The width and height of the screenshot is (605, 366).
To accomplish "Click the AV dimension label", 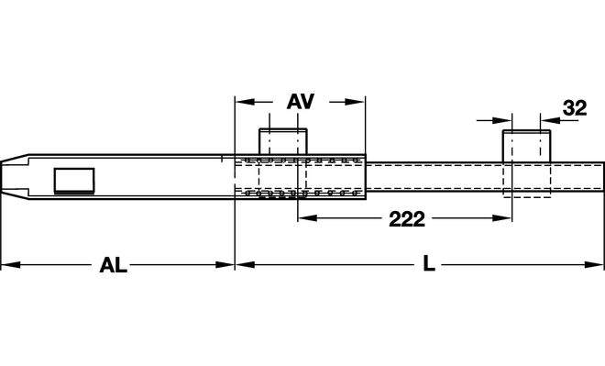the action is tap(301, 101).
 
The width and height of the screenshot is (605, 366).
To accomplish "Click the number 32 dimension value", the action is tap(575, 108).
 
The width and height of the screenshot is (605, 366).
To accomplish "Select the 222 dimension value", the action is tap(407, 219).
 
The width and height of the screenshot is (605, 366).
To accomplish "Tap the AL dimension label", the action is tap(113, 265).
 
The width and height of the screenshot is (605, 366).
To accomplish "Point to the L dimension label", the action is tap(429, 264).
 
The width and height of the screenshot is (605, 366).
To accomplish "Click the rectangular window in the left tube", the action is tap(74, 181).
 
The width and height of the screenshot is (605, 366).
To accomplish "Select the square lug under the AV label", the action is tap(283, 141).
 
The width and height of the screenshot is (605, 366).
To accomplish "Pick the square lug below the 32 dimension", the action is tap(526, 146).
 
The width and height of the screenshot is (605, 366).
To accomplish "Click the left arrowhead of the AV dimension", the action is tap(245, 102).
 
